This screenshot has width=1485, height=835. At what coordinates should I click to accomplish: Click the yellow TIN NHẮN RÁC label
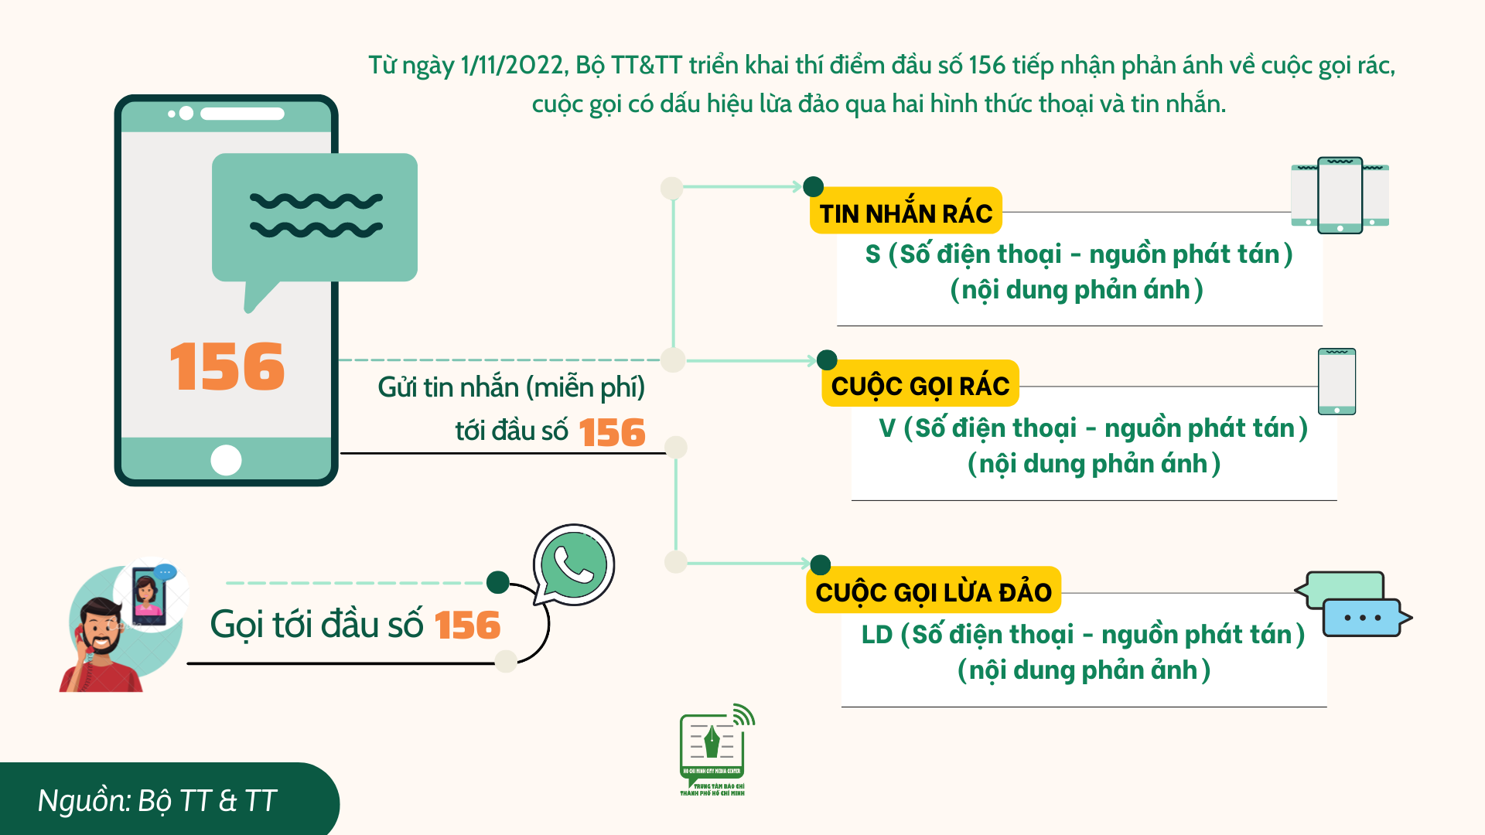coord(906,211)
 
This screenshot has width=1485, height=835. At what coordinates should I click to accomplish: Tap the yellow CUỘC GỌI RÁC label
coord(920,383)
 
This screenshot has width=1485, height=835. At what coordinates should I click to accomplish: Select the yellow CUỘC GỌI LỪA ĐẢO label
coord(934,591)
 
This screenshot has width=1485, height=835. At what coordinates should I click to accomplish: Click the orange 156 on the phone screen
coord(227,366)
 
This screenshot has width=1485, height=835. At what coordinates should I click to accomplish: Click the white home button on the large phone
coord(226,460)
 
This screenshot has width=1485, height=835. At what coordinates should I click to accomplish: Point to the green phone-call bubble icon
coord(573,565)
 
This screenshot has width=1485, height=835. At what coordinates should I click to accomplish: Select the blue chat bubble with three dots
coord(1366,618)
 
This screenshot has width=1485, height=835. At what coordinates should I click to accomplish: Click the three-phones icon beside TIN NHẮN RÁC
coord(1340,195)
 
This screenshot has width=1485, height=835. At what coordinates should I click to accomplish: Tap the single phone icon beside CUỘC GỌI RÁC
coord(1337,381)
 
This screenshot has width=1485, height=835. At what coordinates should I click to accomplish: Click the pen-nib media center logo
coord(714,749)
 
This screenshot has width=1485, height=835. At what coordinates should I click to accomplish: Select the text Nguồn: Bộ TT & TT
coord(157,801)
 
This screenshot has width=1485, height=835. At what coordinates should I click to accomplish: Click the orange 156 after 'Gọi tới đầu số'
coord(467,625)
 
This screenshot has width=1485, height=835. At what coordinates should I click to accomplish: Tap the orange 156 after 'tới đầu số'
coord(612,432)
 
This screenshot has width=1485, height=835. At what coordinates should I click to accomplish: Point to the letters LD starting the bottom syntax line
coord(877,635)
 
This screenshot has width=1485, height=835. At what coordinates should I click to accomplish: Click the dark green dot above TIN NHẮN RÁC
coord(813,186)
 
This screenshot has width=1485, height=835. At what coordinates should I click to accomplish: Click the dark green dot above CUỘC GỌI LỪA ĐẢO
coord(821,565)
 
